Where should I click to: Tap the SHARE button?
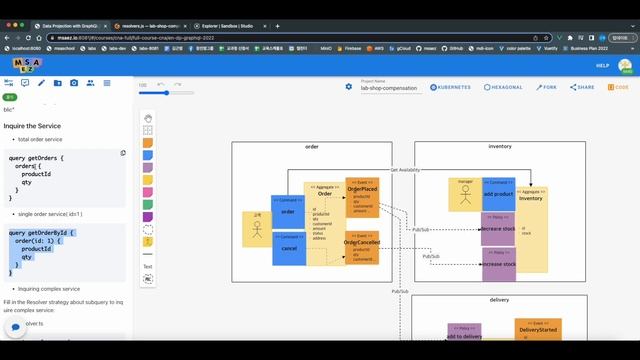[x=583, y=87]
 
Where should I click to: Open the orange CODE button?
[x=619, y=87]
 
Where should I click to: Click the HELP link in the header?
[x=602, y=65]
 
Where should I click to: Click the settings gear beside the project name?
[x=349, y=87]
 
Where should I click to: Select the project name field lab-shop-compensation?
[x=390, y=88]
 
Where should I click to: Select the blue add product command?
[x=497, y=194]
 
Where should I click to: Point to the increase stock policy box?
[x=497, y=264]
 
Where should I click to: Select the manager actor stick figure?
[x=464, y=194]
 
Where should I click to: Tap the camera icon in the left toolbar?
[x=73, y=83]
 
